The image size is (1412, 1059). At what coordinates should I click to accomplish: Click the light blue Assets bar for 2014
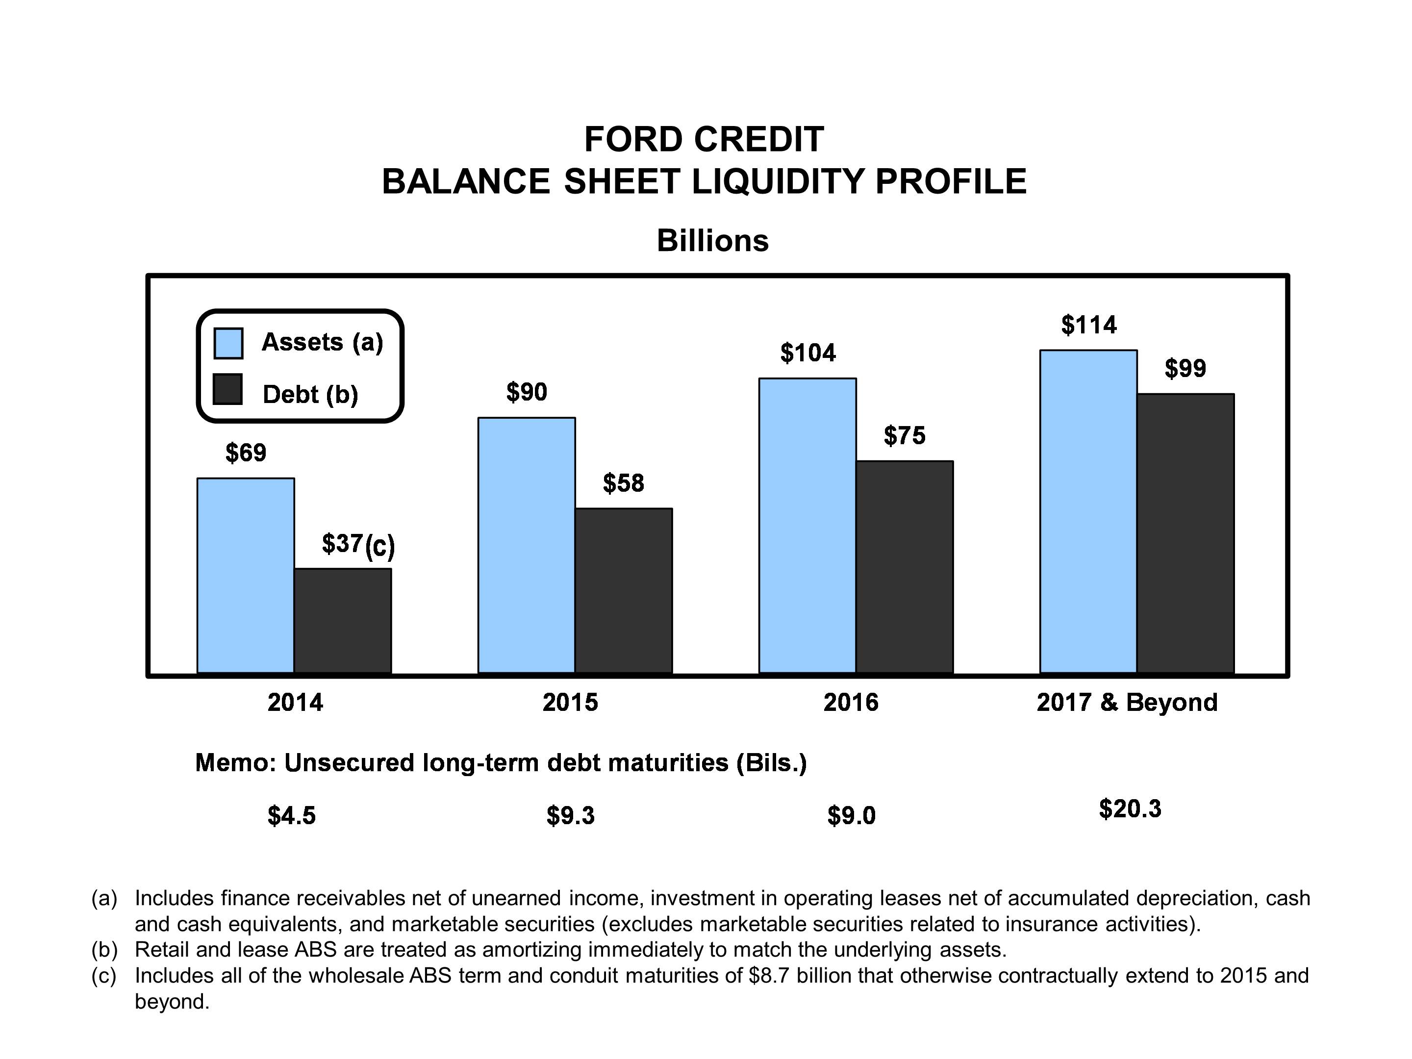point(246,575)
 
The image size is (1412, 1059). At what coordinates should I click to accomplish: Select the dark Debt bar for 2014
point(343,621)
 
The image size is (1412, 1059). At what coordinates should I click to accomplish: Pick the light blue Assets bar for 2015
point(527,545)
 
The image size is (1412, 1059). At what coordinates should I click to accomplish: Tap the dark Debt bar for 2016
point(905,567)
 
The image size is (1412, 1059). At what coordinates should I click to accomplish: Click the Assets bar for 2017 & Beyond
point(1088,511)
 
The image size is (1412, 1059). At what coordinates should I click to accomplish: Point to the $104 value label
point(808,353)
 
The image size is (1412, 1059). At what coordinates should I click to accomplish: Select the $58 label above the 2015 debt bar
point(624,483)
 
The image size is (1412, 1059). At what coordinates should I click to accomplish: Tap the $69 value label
point(246,453)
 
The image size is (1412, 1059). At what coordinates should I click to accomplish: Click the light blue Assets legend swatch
point(228,343)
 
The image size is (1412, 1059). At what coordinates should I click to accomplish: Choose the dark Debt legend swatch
point(228,389)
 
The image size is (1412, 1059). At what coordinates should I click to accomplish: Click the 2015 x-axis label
point(570,702)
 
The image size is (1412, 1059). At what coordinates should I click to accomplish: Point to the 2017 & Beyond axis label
point(1127,702)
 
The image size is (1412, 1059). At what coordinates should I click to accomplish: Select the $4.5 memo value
point(292,815)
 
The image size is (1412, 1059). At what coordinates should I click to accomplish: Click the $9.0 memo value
point(852,815)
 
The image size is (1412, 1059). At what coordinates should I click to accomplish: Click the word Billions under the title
point(712,241)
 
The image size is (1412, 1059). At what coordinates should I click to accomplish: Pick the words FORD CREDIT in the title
point(704,139)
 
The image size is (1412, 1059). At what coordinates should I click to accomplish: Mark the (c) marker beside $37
point(380,547)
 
